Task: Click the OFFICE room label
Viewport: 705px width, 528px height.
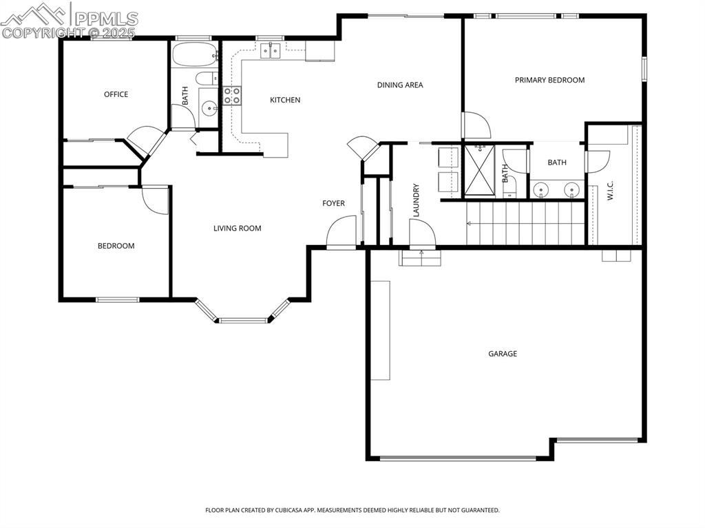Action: click(x=116, y=94)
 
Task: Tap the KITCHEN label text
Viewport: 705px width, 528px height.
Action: click(x=284, y=101)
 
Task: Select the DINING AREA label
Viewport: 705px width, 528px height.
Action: click(x=399, y=85)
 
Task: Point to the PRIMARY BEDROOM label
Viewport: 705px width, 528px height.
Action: click(x=549, y=80)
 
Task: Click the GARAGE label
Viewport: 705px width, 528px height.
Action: click(x=503, y=354)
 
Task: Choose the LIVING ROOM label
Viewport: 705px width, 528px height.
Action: click(x=237, y=229)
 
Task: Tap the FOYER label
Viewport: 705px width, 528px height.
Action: click(x=333, y=203)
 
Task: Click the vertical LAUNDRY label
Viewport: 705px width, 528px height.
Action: click(x=416, y=200)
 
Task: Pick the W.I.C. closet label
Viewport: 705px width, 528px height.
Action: click(x=611, y=191)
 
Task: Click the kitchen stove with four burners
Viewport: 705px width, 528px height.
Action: click(x=231, y=96)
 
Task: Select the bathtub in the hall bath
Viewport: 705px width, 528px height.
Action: click(x=193, y=55)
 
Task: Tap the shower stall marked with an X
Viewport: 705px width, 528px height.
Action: click(x=480, y=169)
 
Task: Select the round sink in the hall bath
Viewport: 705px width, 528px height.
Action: click(x=209, y=107)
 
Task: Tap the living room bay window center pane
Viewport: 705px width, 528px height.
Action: click(x=242, y=320)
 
